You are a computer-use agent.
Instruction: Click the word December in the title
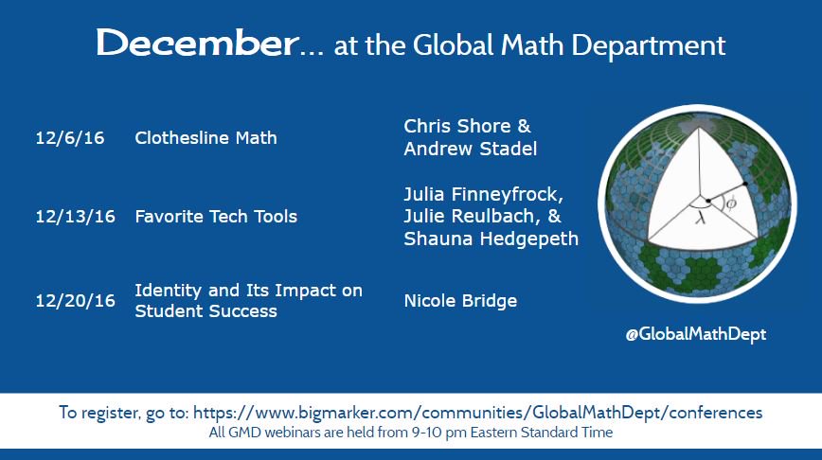196,44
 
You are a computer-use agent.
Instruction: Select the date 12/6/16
69,138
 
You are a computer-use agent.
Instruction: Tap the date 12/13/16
74,217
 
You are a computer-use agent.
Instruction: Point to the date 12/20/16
74,301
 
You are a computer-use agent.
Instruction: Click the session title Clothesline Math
205,138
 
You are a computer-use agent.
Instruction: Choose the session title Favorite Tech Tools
216,217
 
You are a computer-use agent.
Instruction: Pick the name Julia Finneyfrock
482,195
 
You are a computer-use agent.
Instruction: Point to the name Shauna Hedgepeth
491,239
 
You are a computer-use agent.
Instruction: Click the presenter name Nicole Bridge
460,301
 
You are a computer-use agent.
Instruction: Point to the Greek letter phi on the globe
731,203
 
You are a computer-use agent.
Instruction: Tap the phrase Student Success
205,311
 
